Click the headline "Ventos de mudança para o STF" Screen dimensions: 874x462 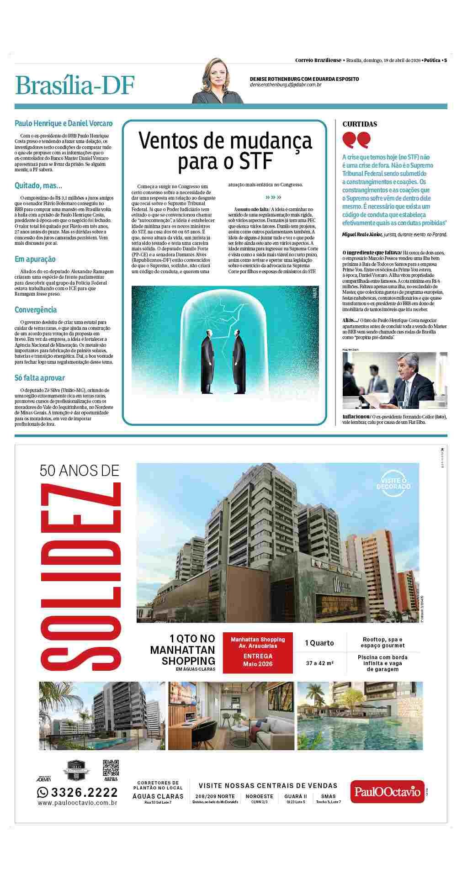click(x=225, y=150)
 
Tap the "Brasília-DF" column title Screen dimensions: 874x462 click(x=75, y=85)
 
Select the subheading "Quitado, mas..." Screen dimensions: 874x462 click(x=38, y=185)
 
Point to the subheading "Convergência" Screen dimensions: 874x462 click(x=36, y=309)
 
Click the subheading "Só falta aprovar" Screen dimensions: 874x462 click(x=40, y=377)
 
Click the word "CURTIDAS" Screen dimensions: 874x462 click(x=360, y=124)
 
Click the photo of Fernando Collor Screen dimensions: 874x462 click(x=395, y=380)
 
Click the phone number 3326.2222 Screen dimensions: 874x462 click(x=77, y=792)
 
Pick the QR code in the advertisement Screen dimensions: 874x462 click(x=111, y=769)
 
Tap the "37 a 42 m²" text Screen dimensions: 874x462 click(x=319, y=662)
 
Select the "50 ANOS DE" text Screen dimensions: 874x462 click(x=79, y=470)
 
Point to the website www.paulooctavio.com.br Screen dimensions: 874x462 click(x=77, y=802)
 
